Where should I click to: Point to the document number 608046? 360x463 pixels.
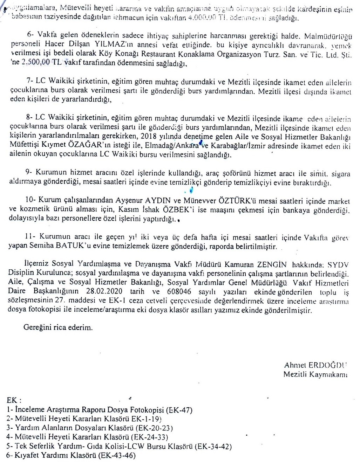point(179,291)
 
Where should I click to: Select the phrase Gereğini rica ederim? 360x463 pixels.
point(58,328)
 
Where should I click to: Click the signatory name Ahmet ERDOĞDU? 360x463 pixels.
point(315,365)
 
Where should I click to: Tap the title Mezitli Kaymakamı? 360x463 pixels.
point(315,374)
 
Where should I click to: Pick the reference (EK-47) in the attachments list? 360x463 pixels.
point(179,410)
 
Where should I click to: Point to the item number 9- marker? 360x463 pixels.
point(29,173)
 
